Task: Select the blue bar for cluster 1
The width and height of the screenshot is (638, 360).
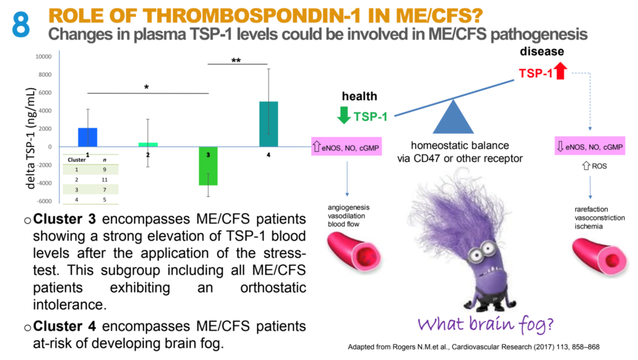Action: click(88, 137)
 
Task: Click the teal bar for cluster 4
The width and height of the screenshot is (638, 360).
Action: click(269, 124)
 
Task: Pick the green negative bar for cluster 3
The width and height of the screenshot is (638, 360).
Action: click(208, 166)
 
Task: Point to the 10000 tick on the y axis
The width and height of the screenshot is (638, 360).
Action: click(43, 56)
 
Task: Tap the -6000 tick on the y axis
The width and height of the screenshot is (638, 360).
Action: click(43, 201)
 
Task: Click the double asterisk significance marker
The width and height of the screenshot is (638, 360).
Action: click(236, 60)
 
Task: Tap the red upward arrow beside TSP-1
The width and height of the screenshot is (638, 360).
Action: click(559, 73)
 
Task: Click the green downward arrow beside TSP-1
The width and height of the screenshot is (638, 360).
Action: click(342, 116)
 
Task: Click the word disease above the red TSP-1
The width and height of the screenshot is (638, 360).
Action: click(542, 52)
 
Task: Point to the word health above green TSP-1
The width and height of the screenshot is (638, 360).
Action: click(359, 96)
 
